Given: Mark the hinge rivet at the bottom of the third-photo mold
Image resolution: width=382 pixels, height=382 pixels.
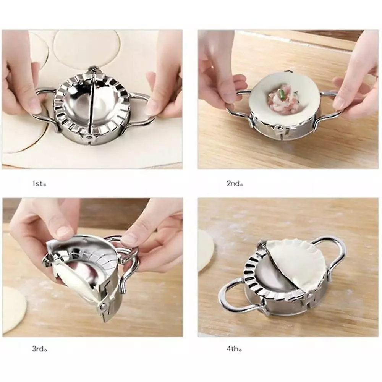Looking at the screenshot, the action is click(104, 306).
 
